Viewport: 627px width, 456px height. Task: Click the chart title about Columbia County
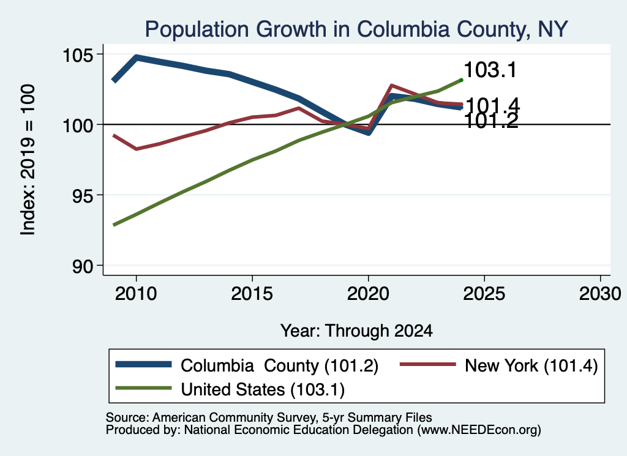click(x=356, y=29)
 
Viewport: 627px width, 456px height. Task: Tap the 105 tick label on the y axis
click(x=78, y=54)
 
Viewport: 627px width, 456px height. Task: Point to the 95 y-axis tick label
click(x=83, y=195)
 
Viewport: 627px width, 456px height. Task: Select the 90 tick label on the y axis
click(x=83, y=266)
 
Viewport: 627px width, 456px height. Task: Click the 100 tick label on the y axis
click(x=78, y=125)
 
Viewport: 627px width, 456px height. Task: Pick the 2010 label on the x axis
click(x=136, y=294)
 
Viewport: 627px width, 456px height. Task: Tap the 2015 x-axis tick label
click(x=252, y=294)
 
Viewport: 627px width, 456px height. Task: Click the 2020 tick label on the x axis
click(x=368, y=294)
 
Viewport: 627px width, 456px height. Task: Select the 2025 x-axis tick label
click(x=484, y=294)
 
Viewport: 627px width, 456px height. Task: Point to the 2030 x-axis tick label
click(x=600, y=294)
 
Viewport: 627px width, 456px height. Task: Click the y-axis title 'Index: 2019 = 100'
click(x=28, y=160)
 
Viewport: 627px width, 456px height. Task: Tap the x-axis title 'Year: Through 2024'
click(x=356, y=331)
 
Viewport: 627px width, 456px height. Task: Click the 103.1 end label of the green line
click(x=490, y=70)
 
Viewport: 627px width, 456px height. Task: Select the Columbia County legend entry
click(x=247, y=365)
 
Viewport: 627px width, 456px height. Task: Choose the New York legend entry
click(x=499, y=365)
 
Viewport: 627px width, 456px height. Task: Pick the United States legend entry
click(x=230, y=389)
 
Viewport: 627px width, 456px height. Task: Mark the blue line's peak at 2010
click(x=137, y=58)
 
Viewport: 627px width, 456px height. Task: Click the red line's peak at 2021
click(x=391, y=85)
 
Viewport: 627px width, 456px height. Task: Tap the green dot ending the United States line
click(x=461, y=80)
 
